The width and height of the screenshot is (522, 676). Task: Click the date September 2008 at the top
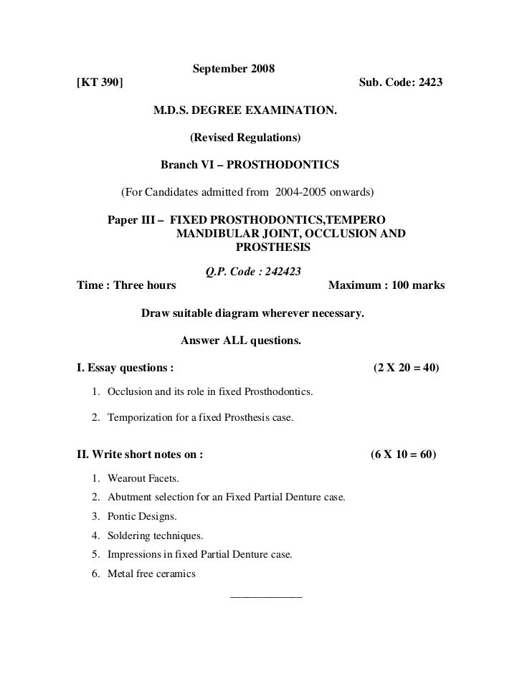[x=234, y=70]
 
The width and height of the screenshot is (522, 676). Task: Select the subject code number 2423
[x=428, y=82]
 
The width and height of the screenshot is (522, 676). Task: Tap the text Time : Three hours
[x=126, y=285]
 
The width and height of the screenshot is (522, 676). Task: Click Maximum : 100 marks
[x=386, y=285]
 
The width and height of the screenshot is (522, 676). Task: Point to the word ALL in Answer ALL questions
[x=230, y=341]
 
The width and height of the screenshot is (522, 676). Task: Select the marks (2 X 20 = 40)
[x=407, y=369]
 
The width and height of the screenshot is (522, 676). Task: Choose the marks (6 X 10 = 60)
[x=404, y=455]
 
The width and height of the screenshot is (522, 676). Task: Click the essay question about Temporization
[x=200, y=417]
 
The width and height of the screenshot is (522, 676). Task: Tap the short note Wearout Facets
[x=143, y=478]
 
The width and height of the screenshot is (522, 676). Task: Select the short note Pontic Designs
[x=142, y=516]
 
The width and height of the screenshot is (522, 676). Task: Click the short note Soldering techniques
[x=155, y=535]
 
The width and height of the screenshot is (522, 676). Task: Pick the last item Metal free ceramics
[x=151, y=574]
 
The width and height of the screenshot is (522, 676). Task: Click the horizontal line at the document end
[x=265, y=596]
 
